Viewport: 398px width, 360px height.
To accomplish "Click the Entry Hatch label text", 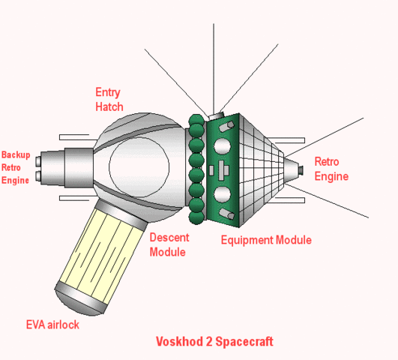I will (x=109, y=100).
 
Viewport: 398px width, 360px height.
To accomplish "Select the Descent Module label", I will (x=169, y=244).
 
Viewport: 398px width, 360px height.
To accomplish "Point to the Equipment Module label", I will (x=266, y=240).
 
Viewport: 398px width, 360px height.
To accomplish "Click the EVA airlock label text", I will (x=52, y=325).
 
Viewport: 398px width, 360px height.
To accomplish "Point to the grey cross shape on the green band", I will (x=222, y=169).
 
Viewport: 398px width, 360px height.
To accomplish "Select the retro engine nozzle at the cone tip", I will (x=299, y=171).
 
